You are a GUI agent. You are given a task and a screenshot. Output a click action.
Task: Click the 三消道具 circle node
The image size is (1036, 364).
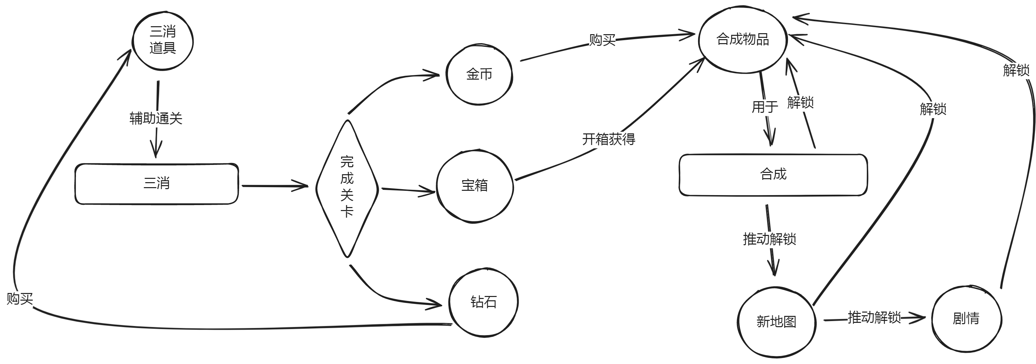(163, 40)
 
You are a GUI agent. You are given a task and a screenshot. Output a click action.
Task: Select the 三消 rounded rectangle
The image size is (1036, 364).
(157, 184)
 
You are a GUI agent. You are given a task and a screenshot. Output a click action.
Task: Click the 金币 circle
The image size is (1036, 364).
(479, 75)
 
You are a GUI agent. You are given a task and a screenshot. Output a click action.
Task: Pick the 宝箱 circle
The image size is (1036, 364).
(475, 186)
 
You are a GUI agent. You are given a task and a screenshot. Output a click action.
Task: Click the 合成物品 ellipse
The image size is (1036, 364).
(743, 39)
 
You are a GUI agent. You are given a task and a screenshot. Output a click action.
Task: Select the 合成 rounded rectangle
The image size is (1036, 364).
(773, 175)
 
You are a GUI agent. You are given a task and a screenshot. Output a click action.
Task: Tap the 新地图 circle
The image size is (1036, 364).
(776, 322)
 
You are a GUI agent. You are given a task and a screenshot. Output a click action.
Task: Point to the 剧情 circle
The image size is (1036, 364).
(966, 319)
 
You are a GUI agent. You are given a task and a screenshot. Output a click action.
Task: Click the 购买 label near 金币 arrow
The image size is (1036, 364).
(602, 40)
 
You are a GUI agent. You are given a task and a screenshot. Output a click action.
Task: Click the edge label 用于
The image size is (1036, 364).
(764, 107)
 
